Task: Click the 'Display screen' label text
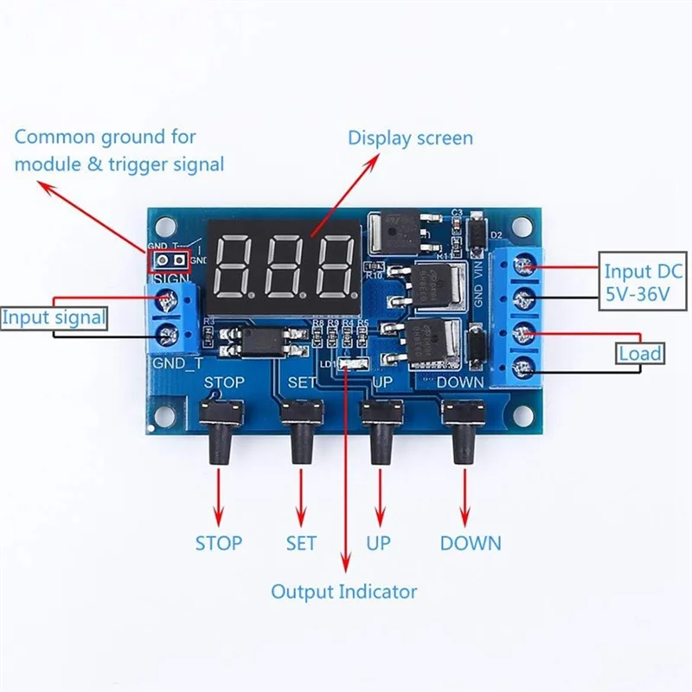(410, 138)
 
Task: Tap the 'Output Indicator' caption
(343, 592)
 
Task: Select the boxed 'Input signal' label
(54, 317)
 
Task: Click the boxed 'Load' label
(640, 353)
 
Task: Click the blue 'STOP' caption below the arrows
(218, 543)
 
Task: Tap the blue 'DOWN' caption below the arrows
(470, 543)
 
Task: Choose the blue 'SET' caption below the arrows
(301, 543)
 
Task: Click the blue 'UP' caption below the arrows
(378, 543)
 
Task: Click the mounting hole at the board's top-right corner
(522, 226)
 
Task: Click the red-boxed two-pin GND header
(168, 259)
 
